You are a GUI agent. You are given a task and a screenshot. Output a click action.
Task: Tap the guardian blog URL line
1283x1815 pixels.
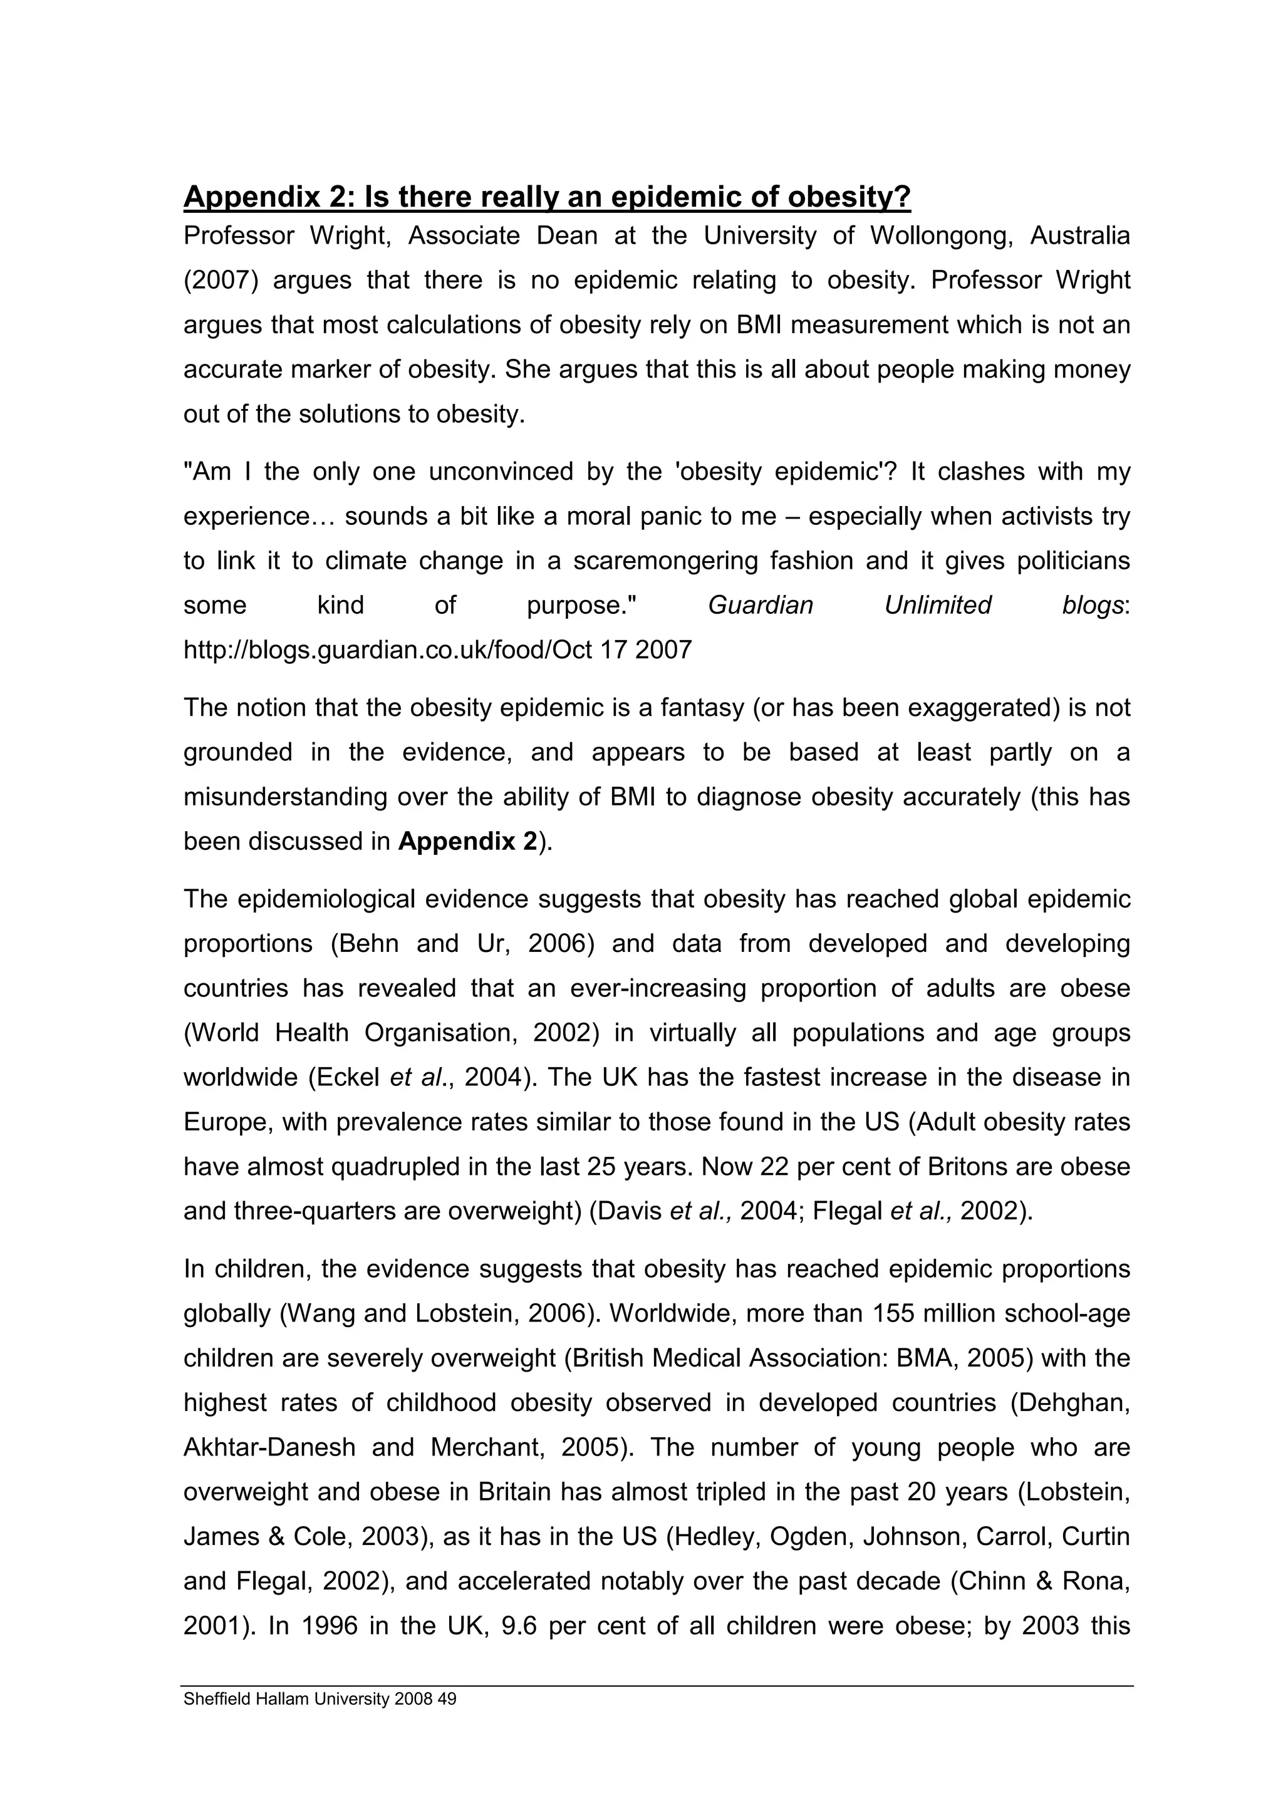pos(437,650)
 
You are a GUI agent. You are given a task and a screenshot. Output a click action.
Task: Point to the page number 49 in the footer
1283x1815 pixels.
pos(447,1699)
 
